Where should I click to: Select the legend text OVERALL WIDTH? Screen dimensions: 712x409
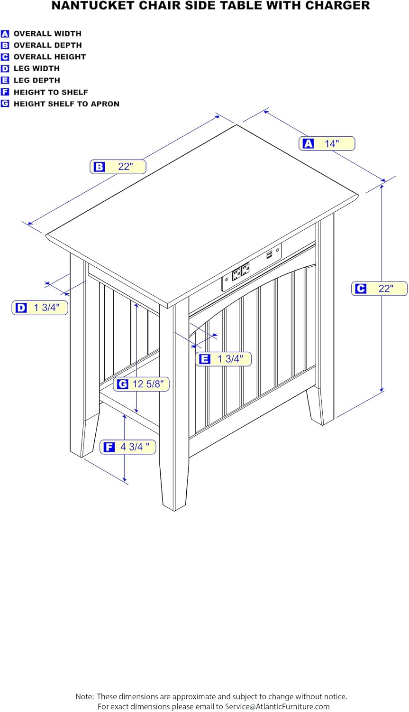click(x=47, y=34)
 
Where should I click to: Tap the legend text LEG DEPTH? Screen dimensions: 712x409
click(x=36, y=80)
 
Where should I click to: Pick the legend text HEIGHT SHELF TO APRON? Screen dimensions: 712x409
click(x=66, y=104)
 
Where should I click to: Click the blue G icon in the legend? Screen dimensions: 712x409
click(x=5, y=104)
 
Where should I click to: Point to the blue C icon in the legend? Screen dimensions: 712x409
click(x=5, y=57)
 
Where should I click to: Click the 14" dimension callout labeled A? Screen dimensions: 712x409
click(x=327, y=143)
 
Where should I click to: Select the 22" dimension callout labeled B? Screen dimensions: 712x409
click(x=118, y=167)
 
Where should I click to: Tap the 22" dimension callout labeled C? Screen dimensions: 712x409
click(x=379, y=289)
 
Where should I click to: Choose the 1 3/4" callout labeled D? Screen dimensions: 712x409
click(x=40, y=308)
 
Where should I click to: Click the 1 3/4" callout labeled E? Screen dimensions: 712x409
click(x=223, y=359)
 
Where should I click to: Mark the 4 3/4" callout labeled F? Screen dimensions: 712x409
click(x=127, y=447)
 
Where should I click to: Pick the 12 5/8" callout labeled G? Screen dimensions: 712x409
click(x=141, y=384)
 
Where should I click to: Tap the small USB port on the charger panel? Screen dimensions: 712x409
click(x=269, y=255)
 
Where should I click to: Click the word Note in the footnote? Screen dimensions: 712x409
click(x=84, y=697)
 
